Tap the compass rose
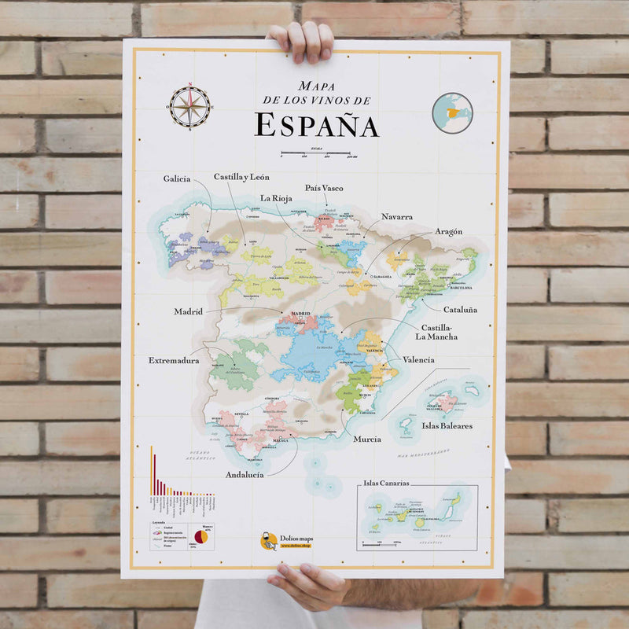(x=189, y=107)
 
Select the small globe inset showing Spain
(x=452, y=112)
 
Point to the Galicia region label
(x=177, y=178)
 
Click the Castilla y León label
(x=241, y=177)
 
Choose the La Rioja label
(x=276, y=197)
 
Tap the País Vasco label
(x=324, y=188)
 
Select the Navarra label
(x=397, y=216)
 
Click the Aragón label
(x=448, y=232)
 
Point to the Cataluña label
(x=460, y=310)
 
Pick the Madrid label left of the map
(x=189, y=311)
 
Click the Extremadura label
(x=174, y=360)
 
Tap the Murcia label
(x=367, y=439)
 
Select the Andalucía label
(x=245, y=475)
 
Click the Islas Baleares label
(x=447, y=425)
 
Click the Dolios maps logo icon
(x=269, y=541)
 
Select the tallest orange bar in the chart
(x=151, y=470)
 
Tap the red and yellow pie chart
(x=201, y=536)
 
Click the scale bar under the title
(x=315, y=152)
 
